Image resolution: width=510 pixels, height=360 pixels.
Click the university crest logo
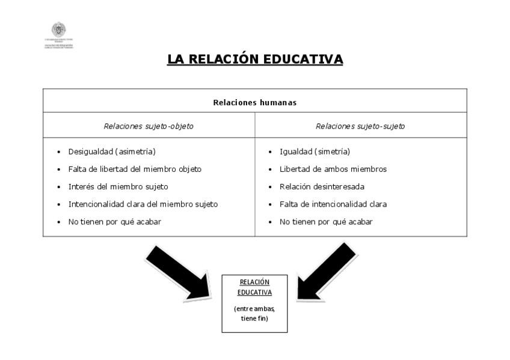click(x=58, y=30)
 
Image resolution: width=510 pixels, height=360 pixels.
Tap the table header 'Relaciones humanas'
click(x=254, y=102)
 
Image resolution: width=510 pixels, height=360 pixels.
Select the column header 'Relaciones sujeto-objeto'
click(x=149, y=126)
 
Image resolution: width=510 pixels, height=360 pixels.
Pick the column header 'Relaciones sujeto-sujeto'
click(x=360, y=126)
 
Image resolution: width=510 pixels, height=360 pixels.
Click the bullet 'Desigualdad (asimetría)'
click(x=107, y=151)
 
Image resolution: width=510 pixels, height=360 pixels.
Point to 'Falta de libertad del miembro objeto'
click(x=135, y=169)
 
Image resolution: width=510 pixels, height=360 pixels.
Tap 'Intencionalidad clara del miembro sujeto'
click(x=143, y=204)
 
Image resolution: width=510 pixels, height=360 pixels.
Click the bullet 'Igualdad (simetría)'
click(x=315, y=151)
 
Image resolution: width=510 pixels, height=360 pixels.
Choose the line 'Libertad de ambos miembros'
click(x=333, y=169)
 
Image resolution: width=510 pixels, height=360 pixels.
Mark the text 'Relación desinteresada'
click(x=322, y=186)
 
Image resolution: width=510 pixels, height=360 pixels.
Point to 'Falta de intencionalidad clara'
click(x=333, y=204)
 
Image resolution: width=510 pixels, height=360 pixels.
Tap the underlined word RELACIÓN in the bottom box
click(x=254, y=282)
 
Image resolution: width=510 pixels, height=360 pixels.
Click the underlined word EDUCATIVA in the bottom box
click(x=254, y=293)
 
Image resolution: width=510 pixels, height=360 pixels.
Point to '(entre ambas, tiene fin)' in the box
click(x=254, y=313)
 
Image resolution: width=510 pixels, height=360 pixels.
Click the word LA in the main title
click(x=176, y=59)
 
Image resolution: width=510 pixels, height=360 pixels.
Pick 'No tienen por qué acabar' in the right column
click(x=326, y=221)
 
